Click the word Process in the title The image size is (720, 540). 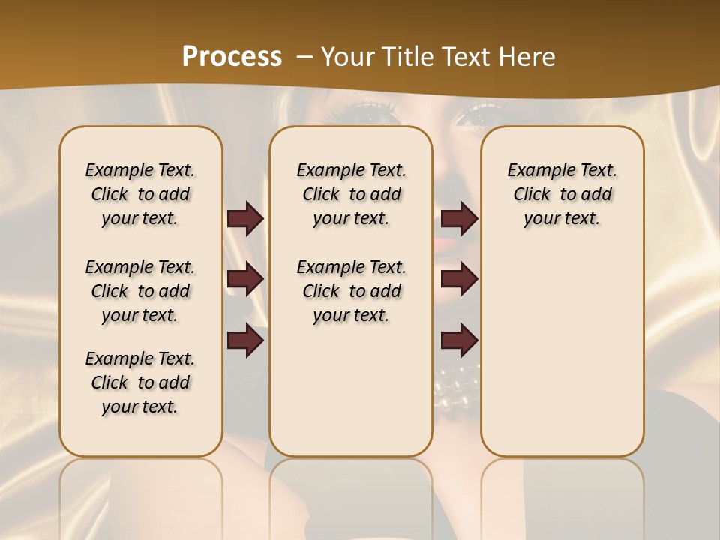click(232, 56)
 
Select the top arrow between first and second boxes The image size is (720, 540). click(245, 219)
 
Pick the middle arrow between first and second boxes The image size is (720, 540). click(245, 280)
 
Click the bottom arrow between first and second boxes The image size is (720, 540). click(245, 340)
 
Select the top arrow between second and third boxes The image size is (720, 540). click(459, 219)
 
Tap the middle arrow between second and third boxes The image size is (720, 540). click(459, 280)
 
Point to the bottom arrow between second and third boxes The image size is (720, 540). click(459, 340)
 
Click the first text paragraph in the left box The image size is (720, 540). click(140, 194)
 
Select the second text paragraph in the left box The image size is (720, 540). click(140, 291)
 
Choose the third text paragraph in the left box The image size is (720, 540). click(140, 382)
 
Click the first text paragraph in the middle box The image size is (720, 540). click(351, 194)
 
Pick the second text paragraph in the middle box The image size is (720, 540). click(351, 291)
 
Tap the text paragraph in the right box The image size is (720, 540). click(562, 194)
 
